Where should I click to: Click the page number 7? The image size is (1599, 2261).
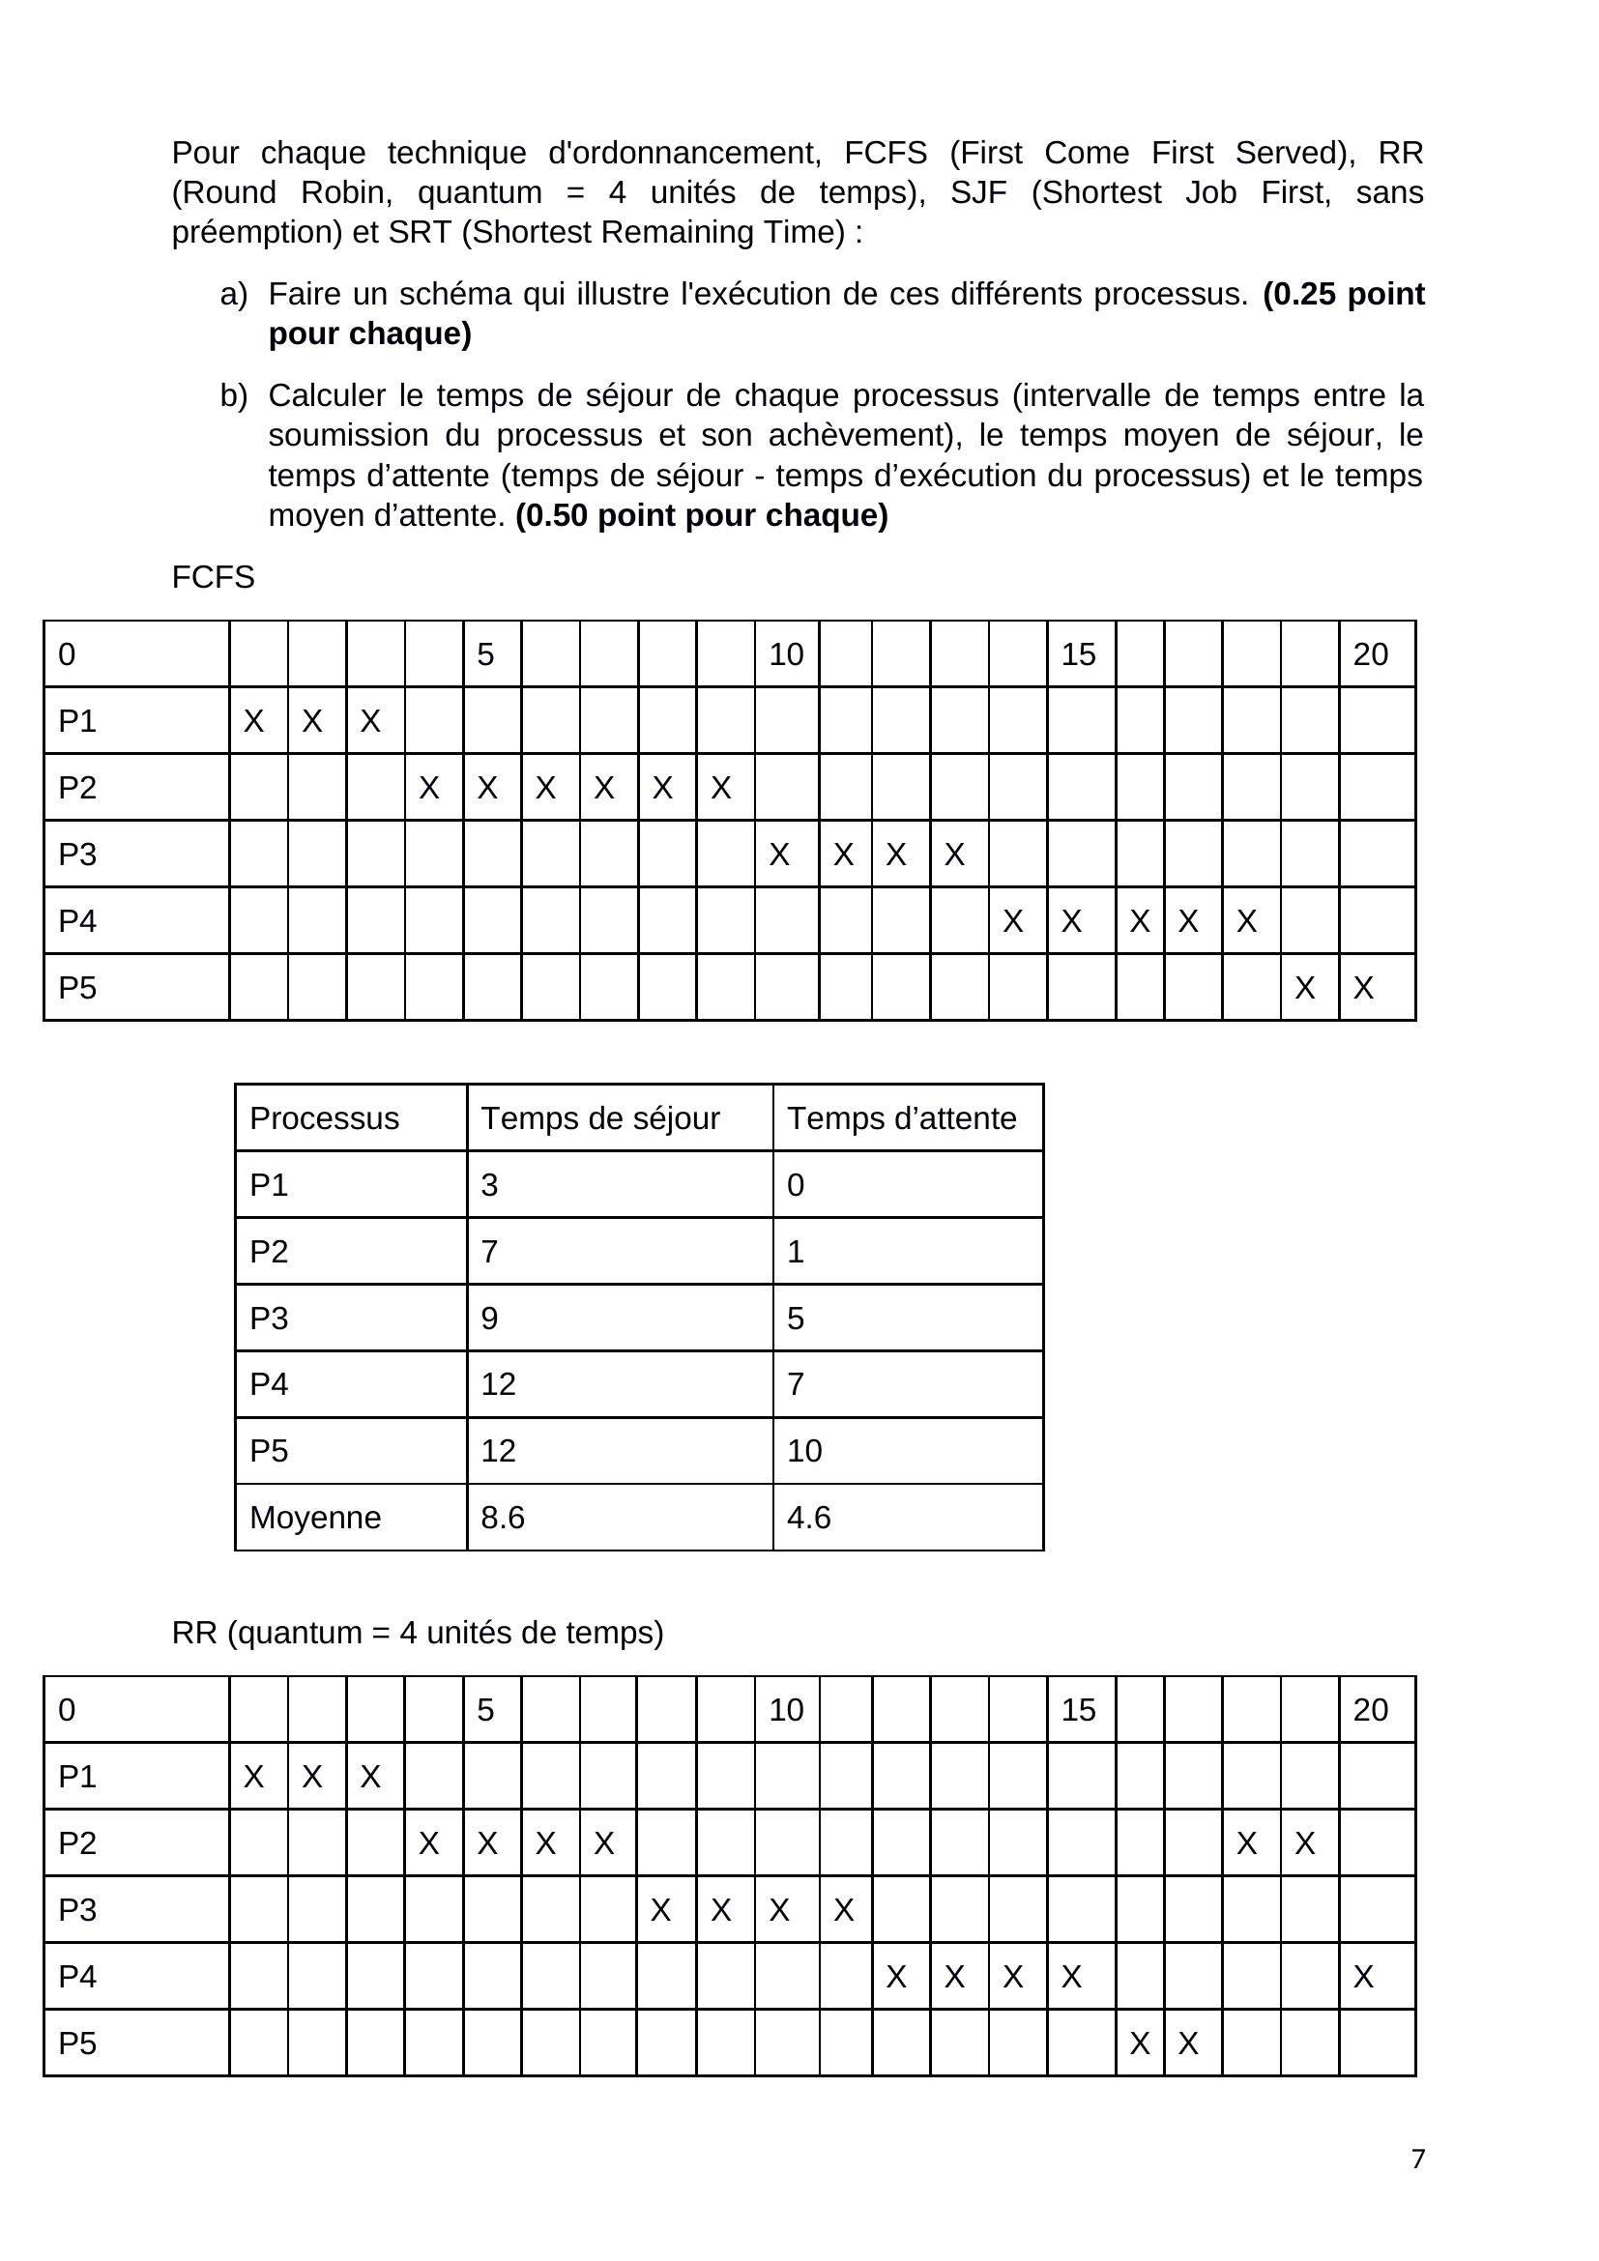click(x=1418, y=2159)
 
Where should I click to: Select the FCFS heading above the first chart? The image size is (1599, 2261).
click(x=213, y=577)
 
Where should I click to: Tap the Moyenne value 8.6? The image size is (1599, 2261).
click(x=502, y=1518)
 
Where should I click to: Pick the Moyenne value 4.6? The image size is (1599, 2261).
click(x=808, y=1518)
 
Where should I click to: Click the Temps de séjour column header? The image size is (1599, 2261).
click(x=599, y=1118)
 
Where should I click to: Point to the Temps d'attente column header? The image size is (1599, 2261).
click(x=901, y=1118)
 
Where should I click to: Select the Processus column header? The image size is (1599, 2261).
click(x=324, y=1118)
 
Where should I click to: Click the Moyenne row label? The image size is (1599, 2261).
click(x=315, y=1518)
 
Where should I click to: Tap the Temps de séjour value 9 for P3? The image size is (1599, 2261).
click(x=489, y=1318)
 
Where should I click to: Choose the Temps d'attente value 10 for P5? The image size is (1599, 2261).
click(x=803, y=1451)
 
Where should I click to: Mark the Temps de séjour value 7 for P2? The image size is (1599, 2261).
click(x=489, y=1252)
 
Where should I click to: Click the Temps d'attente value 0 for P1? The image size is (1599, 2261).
click(x=796, y=1185)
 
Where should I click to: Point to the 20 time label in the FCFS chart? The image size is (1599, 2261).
click(x=1371, y=654)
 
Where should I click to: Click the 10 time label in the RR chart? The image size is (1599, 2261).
click(x=786, y=1710)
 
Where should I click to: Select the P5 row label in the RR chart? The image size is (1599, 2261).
click(x=76, y=2044)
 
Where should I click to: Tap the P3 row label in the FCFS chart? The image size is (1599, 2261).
click(x=76, y=854)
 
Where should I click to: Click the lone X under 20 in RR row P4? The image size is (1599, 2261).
click(x=1363, y=1977)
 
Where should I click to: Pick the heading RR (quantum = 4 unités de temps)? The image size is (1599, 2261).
click(x=418, y=1633)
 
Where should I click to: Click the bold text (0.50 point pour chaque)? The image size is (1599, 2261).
click(x=701, y=515)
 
